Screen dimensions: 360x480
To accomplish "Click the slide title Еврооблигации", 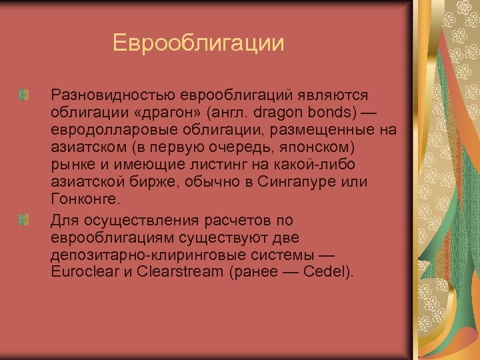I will click(x=198, y=43).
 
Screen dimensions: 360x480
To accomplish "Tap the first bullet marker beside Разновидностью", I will click(x=24, y=95).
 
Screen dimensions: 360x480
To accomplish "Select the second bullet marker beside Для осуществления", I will click(x=24, y=219).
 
